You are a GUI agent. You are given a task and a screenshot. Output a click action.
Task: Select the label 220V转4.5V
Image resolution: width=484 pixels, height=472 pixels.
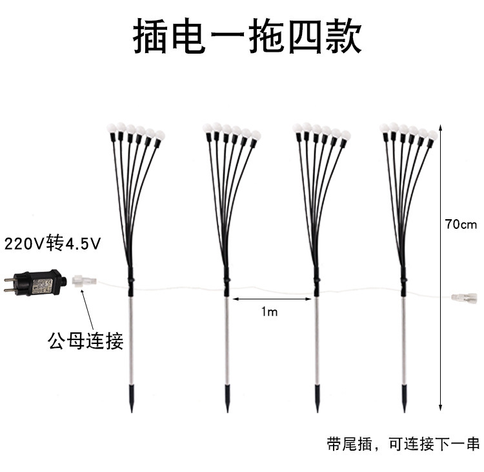[x=54, y=244]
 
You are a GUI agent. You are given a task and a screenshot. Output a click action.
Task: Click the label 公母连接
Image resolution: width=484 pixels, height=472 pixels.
[x=85, y=340]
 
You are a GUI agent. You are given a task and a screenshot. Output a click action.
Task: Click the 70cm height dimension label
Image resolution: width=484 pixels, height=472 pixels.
[x=460, y=224]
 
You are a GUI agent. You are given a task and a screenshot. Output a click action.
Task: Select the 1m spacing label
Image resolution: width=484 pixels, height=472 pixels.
[x=269, y=312]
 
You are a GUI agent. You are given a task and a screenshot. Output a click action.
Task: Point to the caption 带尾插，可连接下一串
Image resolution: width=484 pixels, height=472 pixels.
[x=403, y=445]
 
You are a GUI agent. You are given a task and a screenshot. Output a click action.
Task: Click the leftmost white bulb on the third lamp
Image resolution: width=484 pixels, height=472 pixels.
[x=297, y=127]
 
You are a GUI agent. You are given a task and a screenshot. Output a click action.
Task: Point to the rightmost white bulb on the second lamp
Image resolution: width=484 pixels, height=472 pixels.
[x=255, y=134]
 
